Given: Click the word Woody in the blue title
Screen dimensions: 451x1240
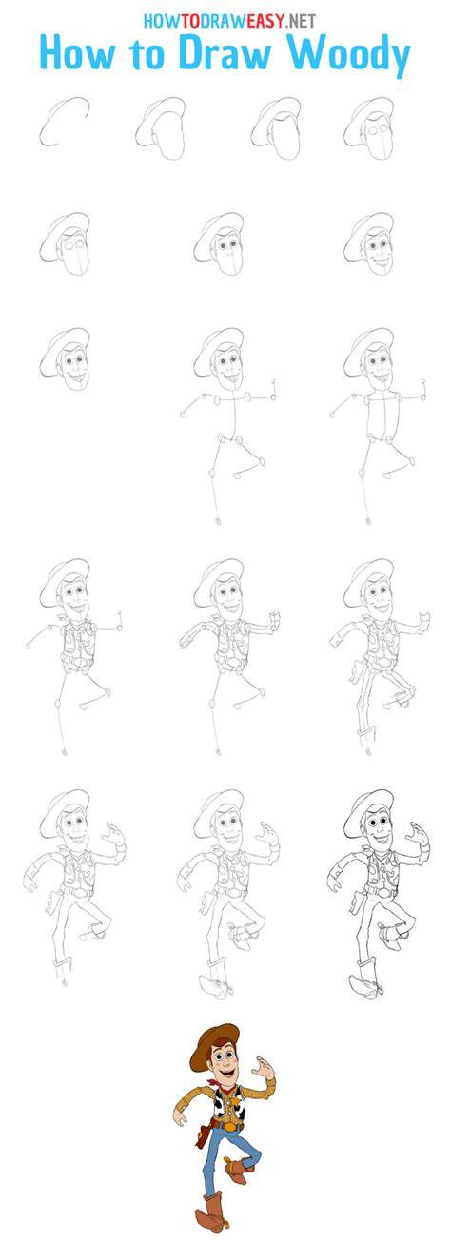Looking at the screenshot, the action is pos(352,56).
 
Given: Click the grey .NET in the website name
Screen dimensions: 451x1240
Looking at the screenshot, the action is pos(301,21).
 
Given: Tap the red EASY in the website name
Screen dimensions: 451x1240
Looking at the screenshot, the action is pos(265,21).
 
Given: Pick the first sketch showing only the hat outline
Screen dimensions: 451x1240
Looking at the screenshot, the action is pos(65,121).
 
